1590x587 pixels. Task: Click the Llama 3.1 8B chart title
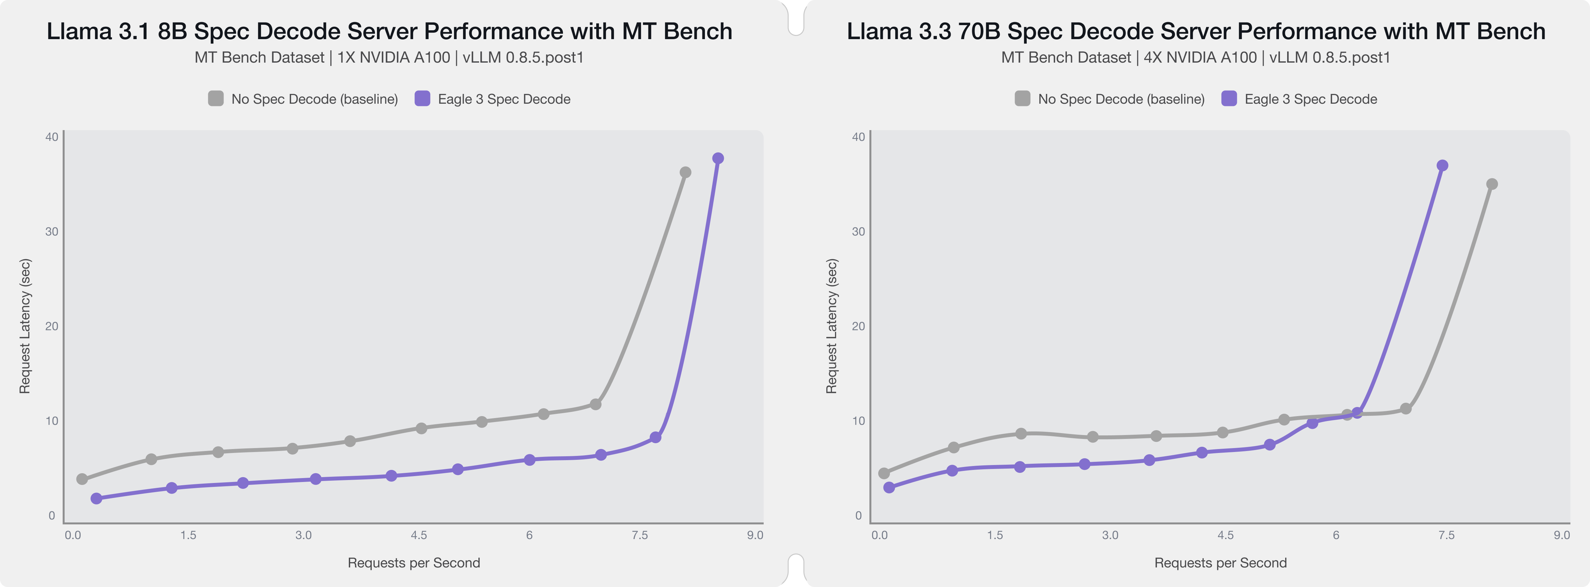tap(389, 31)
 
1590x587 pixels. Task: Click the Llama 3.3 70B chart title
tap(1195, 31)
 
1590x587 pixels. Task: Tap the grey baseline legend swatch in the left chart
tap(215, 99)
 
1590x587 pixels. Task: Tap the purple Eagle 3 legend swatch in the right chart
tap(1229, 99)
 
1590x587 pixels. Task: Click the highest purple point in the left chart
tap(718, 158)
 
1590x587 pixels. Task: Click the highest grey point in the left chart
tap(685, 173)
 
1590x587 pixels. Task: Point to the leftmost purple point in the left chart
tap(96, 498)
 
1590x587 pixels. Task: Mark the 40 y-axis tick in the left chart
tap(52, 137)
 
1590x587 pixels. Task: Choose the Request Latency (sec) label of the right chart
tap(832, 326)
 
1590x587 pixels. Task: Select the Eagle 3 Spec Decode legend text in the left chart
tap(504, 99)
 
